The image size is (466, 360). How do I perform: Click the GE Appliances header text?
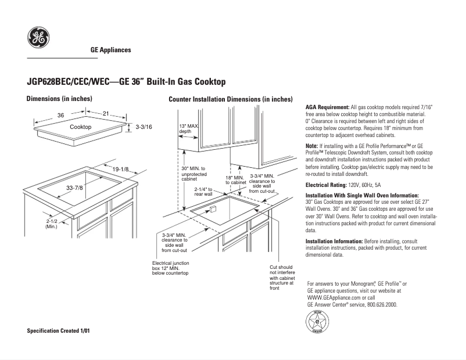110,50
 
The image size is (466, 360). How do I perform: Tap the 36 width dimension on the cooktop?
60,115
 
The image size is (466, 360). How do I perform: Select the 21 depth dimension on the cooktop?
106,114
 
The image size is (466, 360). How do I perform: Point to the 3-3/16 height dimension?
143,127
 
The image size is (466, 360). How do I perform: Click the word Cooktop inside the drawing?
81,127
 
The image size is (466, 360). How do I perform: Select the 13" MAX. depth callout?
188,129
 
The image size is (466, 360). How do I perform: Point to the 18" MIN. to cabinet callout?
235,180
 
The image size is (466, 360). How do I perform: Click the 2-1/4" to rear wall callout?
205,192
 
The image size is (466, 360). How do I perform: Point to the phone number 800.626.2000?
381,304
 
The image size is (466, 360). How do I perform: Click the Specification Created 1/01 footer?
59,331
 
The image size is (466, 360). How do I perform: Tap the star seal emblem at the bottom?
317,321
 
